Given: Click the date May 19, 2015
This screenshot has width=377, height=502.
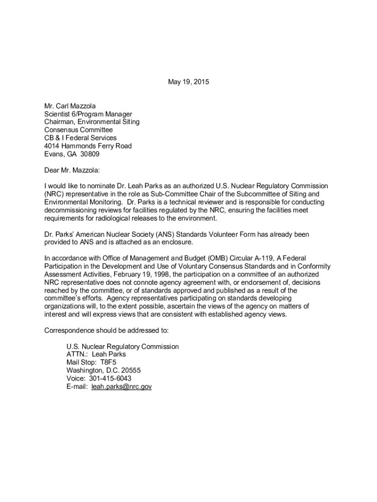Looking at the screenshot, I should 188,82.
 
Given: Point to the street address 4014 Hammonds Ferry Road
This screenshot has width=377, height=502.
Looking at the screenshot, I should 88,146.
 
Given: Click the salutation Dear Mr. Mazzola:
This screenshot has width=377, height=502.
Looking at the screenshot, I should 71,170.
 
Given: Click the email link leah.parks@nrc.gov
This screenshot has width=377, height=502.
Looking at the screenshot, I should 121,387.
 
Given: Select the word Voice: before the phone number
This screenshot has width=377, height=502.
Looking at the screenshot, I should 76,378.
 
